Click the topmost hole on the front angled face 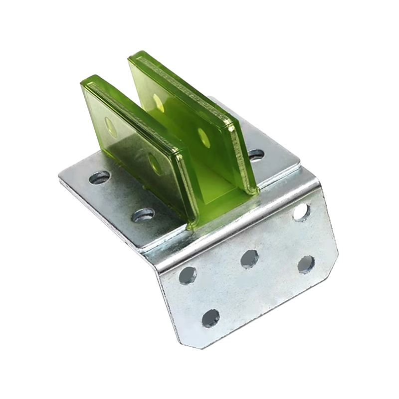[x=301, y=212]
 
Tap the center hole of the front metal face [x=249, y=258]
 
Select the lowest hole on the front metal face [x=210, y=318]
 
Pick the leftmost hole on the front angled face [x=188, y=275]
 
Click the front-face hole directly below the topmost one [x=306, y=264]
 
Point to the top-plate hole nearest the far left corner [x=99, y=177]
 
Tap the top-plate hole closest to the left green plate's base [x=144, y=215]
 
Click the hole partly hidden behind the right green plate [x=256, y=155]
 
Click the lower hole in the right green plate [x=203, y=137]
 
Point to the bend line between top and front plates [x=234, y=229]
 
